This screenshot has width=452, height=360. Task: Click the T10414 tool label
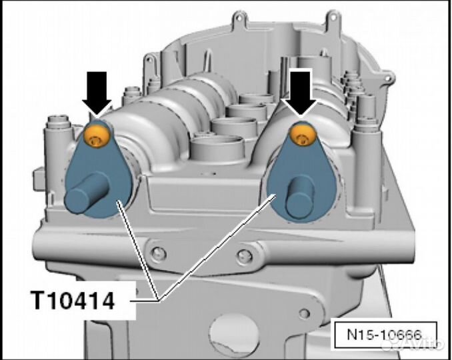[74, 301]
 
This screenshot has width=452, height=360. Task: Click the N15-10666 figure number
[385, 335]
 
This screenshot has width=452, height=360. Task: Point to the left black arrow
[97, 94]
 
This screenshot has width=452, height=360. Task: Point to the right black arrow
[301, 94]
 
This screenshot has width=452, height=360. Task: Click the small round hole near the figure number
[304, 313]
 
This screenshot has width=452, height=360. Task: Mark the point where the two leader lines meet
[158, 300]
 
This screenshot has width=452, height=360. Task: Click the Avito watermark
[412, 343]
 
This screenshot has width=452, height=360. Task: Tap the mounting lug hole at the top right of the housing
[333, 18]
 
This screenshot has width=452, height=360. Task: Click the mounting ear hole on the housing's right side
[389, 78]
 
